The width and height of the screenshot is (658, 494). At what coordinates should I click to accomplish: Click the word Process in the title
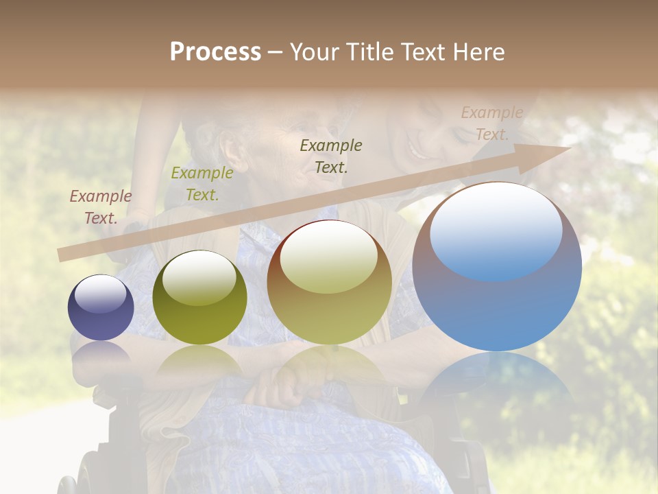(x=215, y=52)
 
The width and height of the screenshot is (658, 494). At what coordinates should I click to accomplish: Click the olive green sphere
(x=199, y=298)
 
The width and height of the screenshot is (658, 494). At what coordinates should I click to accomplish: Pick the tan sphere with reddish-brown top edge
(x=330, y=283)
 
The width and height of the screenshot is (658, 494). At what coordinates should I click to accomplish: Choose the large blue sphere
(x=497, y=268)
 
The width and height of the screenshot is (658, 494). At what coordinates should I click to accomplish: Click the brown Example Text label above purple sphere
(x=100, y=207)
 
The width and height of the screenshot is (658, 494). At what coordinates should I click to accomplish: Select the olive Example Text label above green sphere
(x=202, y=184)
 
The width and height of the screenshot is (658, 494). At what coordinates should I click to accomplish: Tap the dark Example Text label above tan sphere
(x=331, y=156)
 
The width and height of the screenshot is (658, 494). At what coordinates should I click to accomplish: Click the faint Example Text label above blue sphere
(x=491, y=123)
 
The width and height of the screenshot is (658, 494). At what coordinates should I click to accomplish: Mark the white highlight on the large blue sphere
(x=496, y=230)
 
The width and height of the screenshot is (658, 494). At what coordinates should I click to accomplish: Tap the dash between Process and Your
(x=275, y=52)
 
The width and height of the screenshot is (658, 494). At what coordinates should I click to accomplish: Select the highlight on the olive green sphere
(x=199, y=277)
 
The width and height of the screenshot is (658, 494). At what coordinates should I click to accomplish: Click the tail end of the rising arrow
(x=64, y=255)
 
